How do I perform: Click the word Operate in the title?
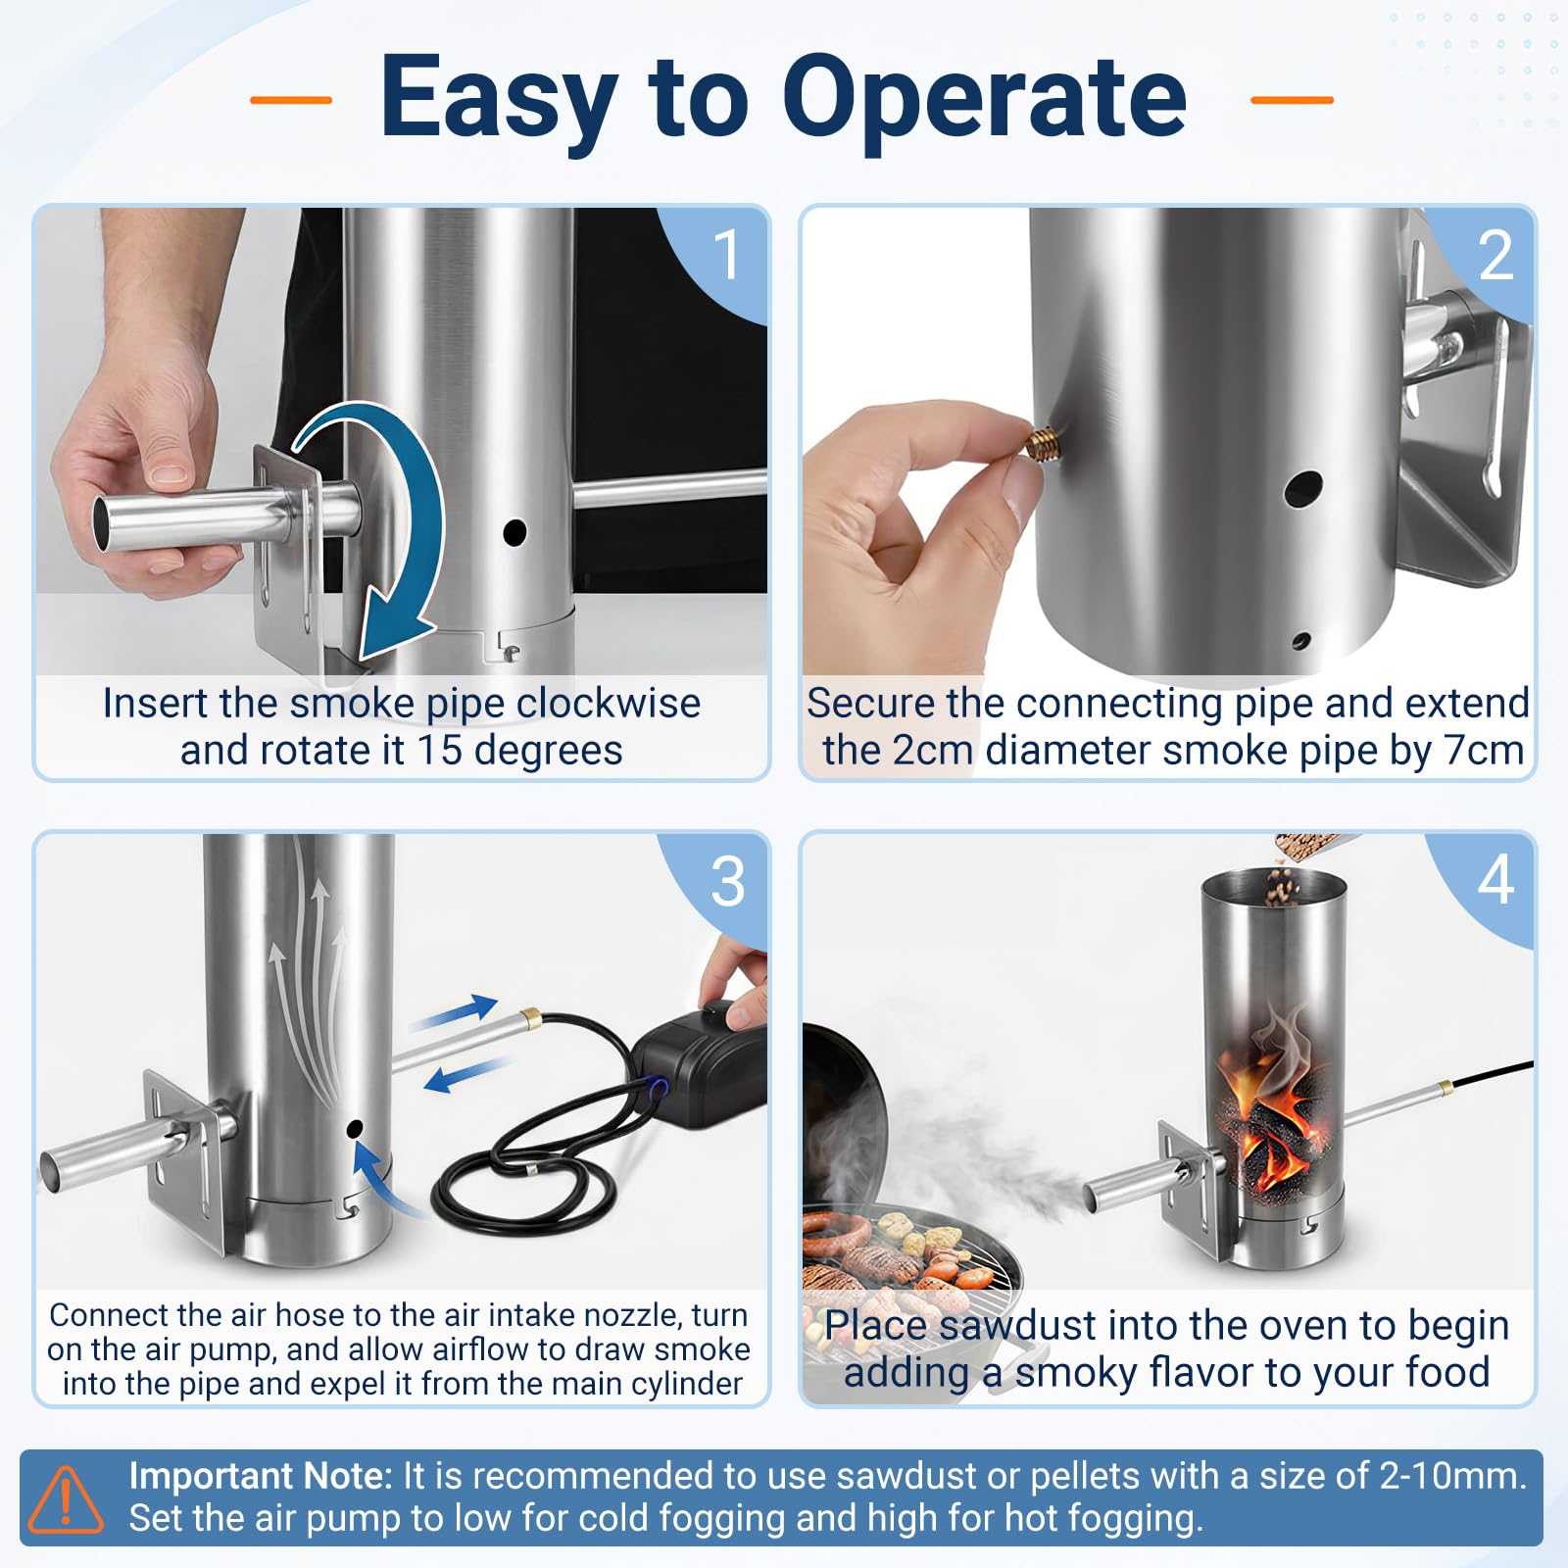click(x=984, y=98)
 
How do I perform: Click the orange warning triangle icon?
click(x=66, y=1498)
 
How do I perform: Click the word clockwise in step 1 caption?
click(x=609, y=703)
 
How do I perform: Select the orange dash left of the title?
click(x=291, y=99)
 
